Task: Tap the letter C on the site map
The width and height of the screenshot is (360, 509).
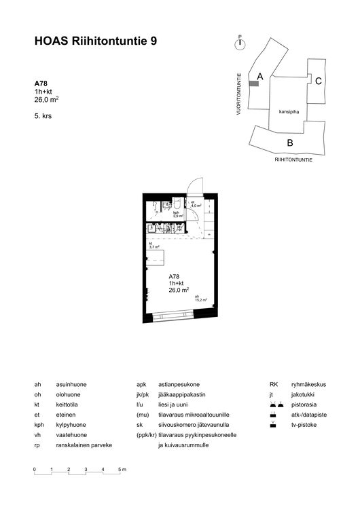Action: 318,81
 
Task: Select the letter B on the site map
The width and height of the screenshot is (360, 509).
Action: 289,143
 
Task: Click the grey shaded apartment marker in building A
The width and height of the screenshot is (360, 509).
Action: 254,83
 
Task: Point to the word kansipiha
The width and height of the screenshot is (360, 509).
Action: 289,111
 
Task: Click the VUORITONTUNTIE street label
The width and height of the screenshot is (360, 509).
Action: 240,93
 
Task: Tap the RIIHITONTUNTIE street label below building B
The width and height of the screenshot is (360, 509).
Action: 293,162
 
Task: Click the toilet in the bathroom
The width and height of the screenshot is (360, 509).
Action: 176,204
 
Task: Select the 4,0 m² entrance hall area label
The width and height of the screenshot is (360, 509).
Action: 196,204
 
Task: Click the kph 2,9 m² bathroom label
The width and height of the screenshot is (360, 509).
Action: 175,214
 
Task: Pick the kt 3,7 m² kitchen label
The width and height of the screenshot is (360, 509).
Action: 154,246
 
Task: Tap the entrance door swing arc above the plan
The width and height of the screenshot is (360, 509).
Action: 194,185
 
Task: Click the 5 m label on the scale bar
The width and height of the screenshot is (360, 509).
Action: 122,469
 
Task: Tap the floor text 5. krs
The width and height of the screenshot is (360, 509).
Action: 43,115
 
